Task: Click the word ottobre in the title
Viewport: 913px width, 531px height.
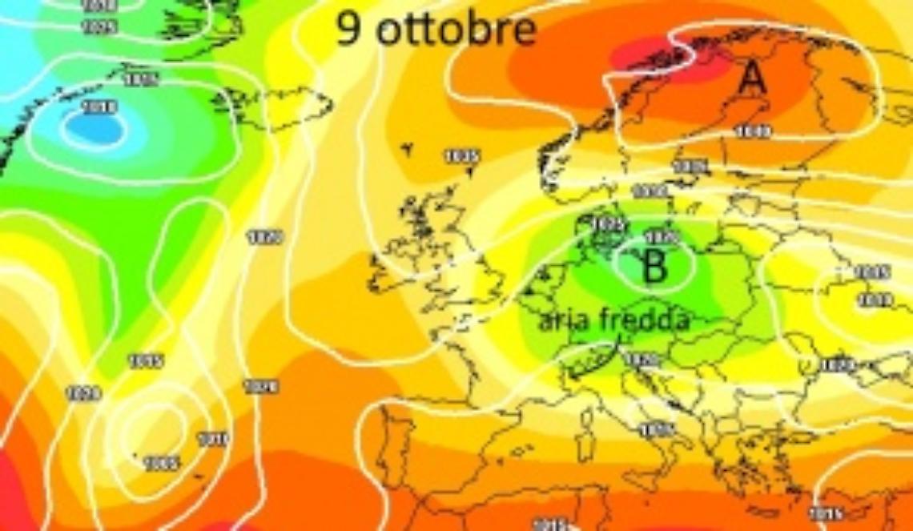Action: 455,30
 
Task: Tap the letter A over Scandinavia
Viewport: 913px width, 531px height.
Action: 751,79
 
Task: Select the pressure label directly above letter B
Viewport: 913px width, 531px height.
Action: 662,238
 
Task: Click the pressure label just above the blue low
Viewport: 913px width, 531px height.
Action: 100,107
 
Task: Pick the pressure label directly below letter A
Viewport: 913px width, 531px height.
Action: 752,131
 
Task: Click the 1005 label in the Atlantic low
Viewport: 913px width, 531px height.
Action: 163,462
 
